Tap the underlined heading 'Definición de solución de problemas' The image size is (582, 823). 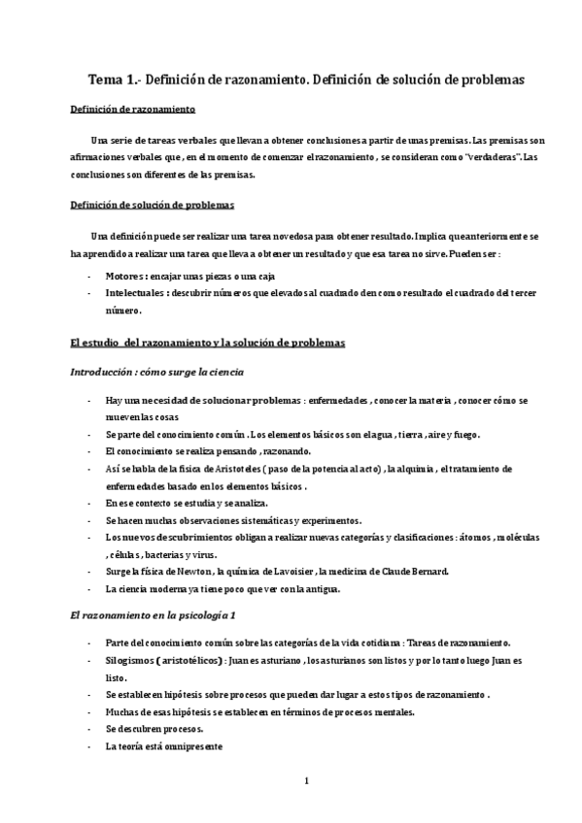153,206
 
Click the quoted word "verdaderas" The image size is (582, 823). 495,157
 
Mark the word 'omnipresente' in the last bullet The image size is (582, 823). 192,746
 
